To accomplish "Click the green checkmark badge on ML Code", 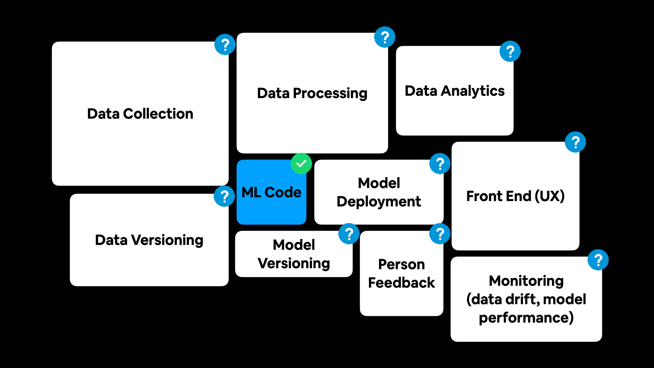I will pyautogui.click(x=301, y=164).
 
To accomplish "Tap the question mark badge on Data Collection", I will pyautogui.click(x=225, y=45).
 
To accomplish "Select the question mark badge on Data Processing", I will pyautogui.click(x=385, y=37).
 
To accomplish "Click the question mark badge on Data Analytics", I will pyautogui.click(x=510, y=51).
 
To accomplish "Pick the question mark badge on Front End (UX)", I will pyautogui.click(x=575, y=142).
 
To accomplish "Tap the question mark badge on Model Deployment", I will pyautogui.click(x=440, y=164).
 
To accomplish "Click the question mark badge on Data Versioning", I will pyautogui.click(x=224, y=197).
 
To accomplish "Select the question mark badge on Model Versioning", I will pyautogui.click(x=349, y=234).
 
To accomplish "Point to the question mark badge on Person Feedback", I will pyautogui.click(x=440, y=234).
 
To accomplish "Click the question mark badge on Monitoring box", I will pyautogui.click(x=598, y=260).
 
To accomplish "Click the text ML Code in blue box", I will pyautogui.click(x=271, y=193).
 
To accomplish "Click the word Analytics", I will pyautogui.click(x=473, y=91).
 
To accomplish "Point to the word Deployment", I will pyautogui.click(x=379, y=202).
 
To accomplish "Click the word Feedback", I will pyautogui.click(x=402, y=283).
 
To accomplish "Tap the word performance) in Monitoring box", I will pyautogui.click(x=526, y=318).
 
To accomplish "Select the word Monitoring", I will pyautogui.click(x=526, y=281).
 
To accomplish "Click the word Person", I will pyautogui.click(x=402, y=264).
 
